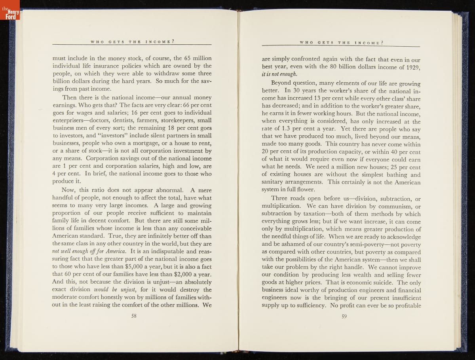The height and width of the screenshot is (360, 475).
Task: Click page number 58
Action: [134, 316]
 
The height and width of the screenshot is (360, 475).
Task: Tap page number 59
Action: [344, 316]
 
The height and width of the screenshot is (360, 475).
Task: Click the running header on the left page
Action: [133, 41]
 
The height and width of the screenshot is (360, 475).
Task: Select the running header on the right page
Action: [342, 42]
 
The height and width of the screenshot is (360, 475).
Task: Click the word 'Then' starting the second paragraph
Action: [70, 98]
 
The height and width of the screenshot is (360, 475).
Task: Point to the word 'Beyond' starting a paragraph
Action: [283, 83]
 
